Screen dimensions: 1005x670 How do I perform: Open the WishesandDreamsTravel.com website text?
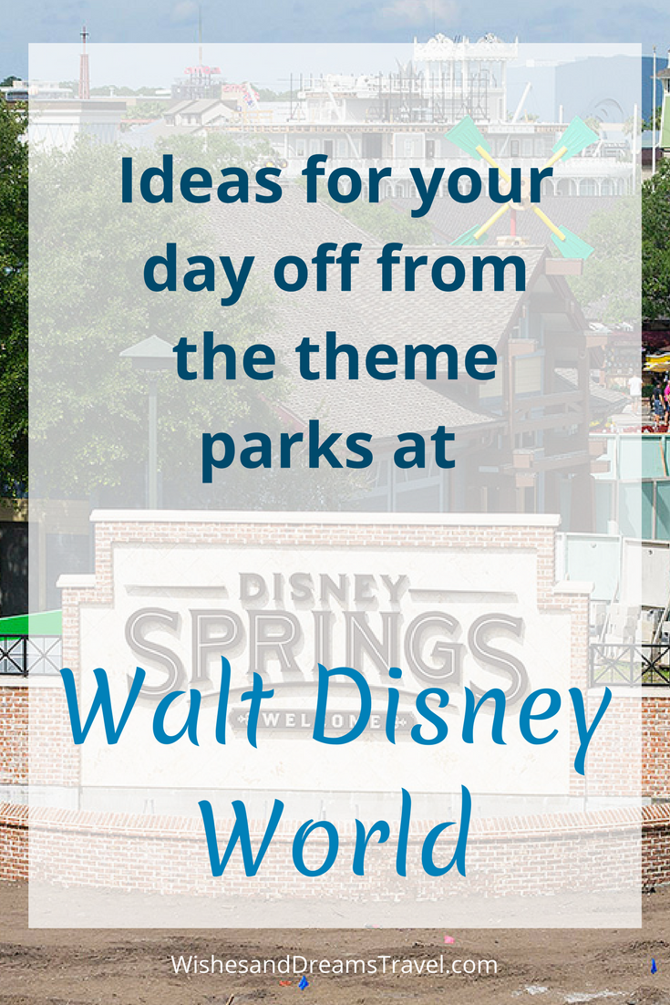tap(335, 964)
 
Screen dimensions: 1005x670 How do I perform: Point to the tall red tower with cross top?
tap(84, 64)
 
